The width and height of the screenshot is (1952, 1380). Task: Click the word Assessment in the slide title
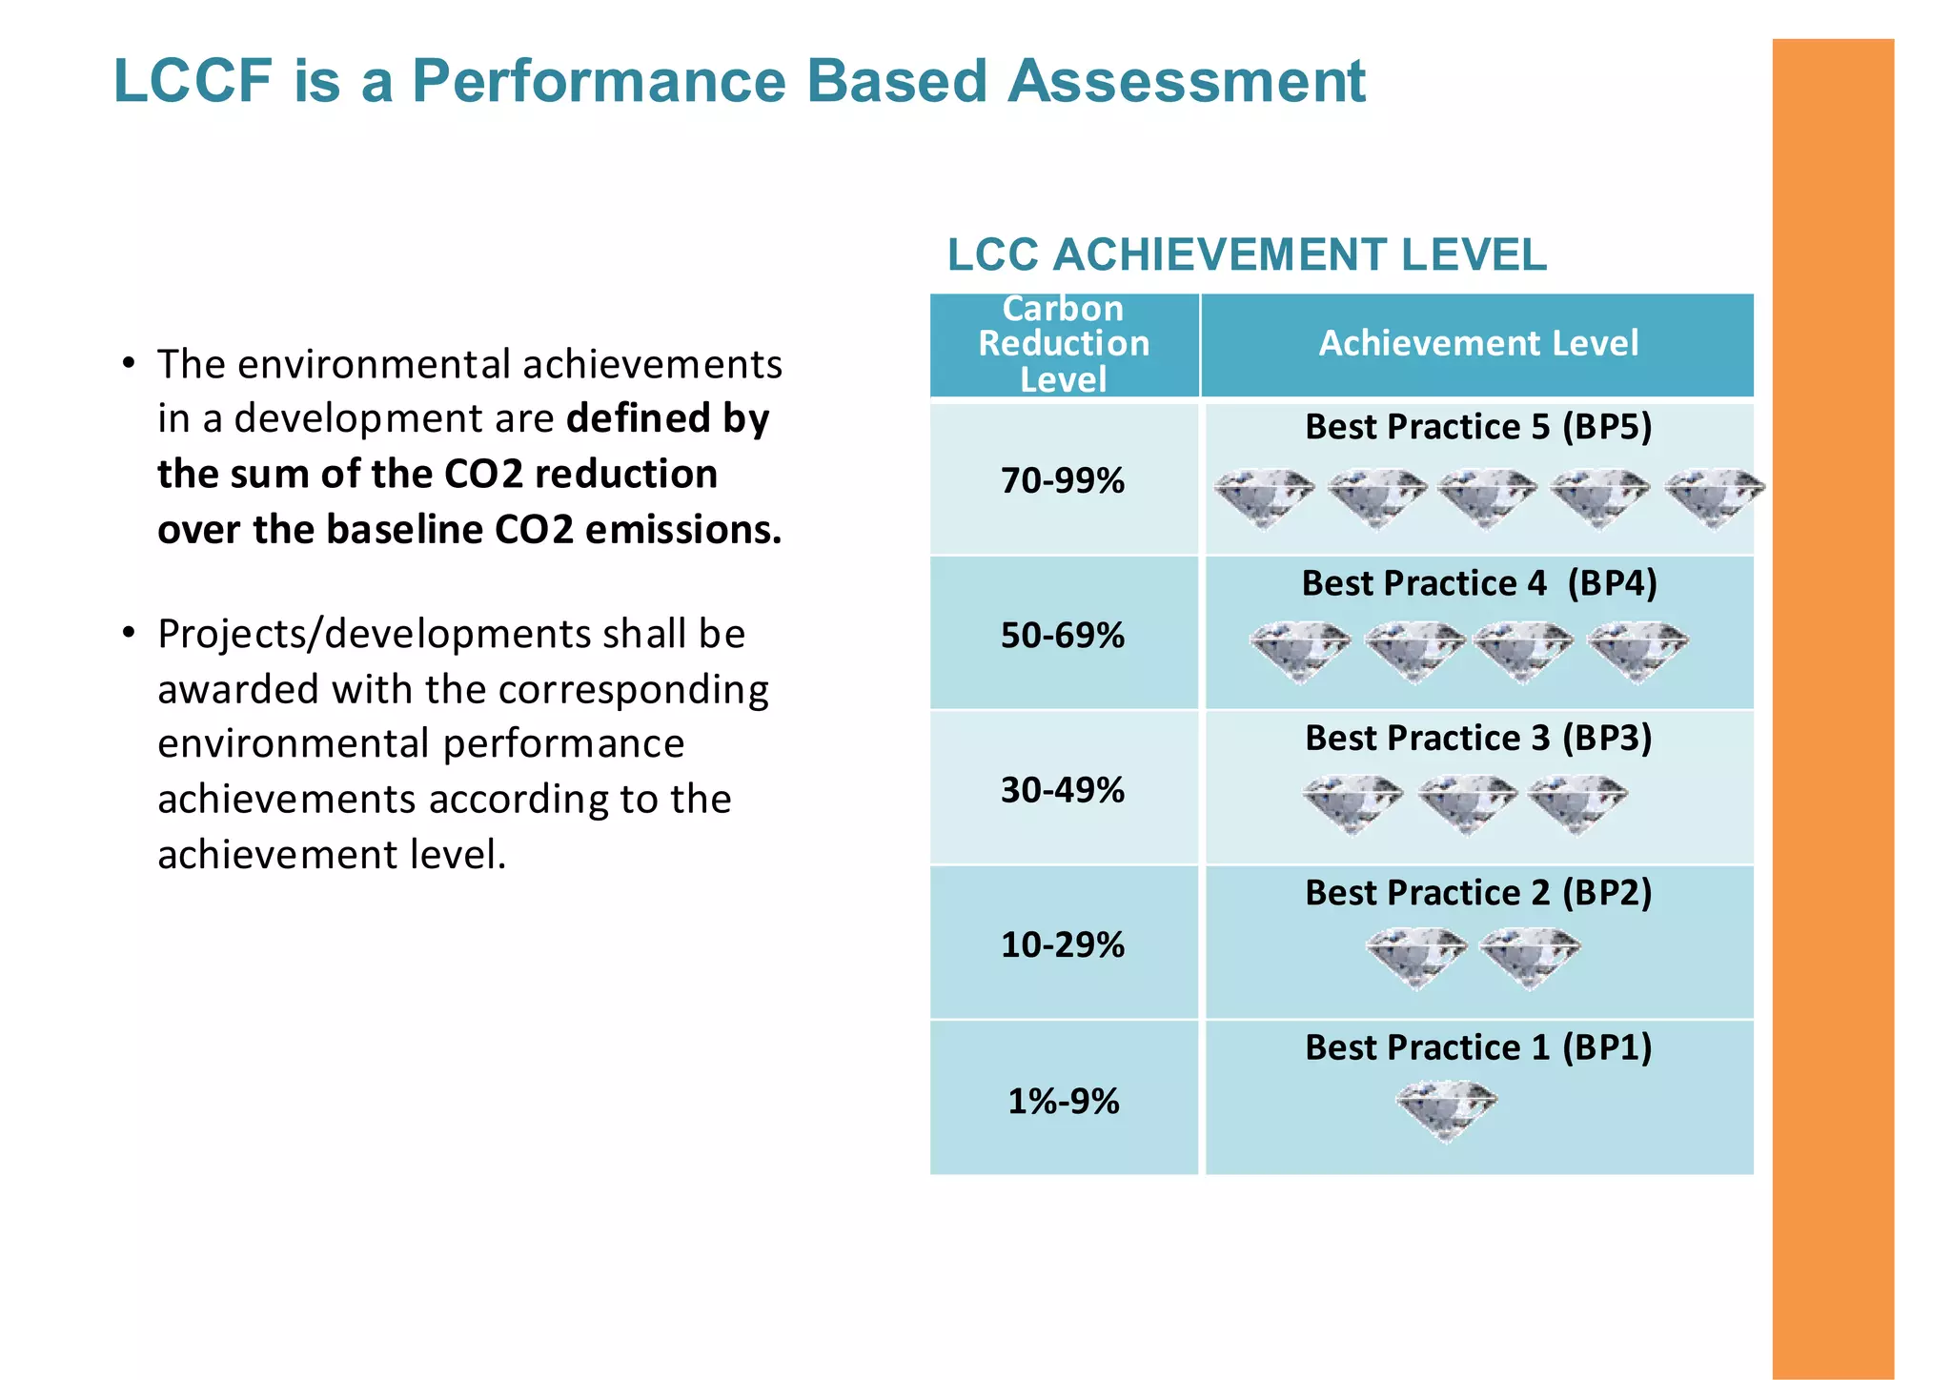[x=1187, y=81]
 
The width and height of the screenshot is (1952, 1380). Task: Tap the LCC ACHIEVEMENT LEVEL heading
[x=1247, y=255]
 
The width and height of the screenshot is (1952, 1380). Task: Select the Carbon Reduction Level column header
[x=1064, y=344]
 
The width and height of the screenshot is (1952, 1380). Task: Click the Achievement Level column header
[x=1478, y=343]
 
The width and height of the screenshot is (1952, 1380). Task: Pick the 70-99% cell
[x=1063, y=481]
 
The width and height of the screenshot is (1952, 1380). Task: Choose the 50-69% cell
[x=1063, y=636]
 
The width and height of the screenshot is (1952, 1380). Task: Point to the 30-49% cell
[x=1063, y=790]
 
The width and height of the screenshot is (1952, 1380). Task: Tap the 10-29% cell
[x=1063, y=945]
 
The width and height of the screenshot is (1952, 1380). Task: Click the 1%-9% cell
[x=1064, y=1102]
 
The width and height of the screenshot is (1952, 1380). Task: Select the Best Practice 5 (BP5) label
[x=1478, y=427]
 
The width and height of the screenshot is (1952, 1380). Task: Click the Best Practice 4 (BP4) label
[x=1479, y=583]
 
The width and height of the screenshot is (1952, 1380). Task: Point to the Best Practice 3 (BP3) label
[x=1478, y=739]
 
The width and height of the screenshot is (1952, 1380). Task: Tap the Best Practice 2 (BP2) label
[x=1478, y=893]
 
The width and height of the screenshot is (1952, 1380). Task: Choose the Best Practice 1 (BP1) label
[x=1478, y=1048]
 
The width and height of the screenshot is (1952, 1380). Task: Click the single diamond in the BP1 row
[x=1447, y=1109]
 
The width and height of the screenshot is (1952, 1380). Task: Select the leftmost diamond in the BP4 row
[x=1300, y=652]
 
